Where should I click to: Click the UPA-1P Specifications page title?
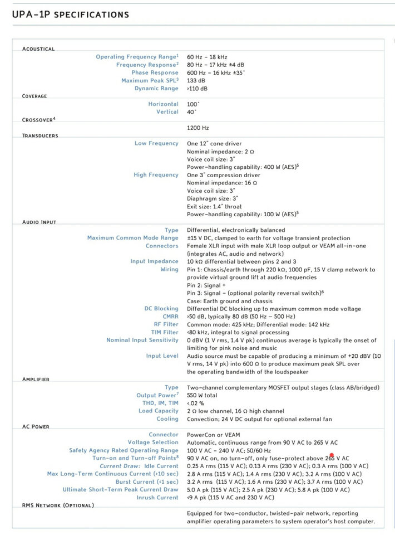click(70, 14)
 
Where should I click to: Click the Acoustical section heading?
click(38, 49)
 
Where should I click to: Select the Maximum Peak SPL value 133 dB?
click(196, 81)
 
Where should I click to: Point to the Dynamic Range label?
click(156, 89)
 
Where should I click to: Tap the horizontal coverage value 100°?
click(192, 104)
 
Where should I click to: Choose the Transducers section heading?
click(40, 135)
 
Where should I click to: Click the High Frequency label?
click(156, 175)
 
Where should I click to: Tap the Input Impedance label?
click(154, 261)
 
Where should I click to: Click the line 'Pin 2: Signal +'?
click(210, 285)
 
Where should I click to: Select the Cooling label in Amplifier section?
click(167, 419)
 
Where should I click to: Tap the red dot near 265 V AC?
click(332, 455)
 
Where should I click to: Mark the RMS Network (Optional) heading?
click(58, 505)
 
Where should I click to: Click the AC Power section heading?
click(36, 427)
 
